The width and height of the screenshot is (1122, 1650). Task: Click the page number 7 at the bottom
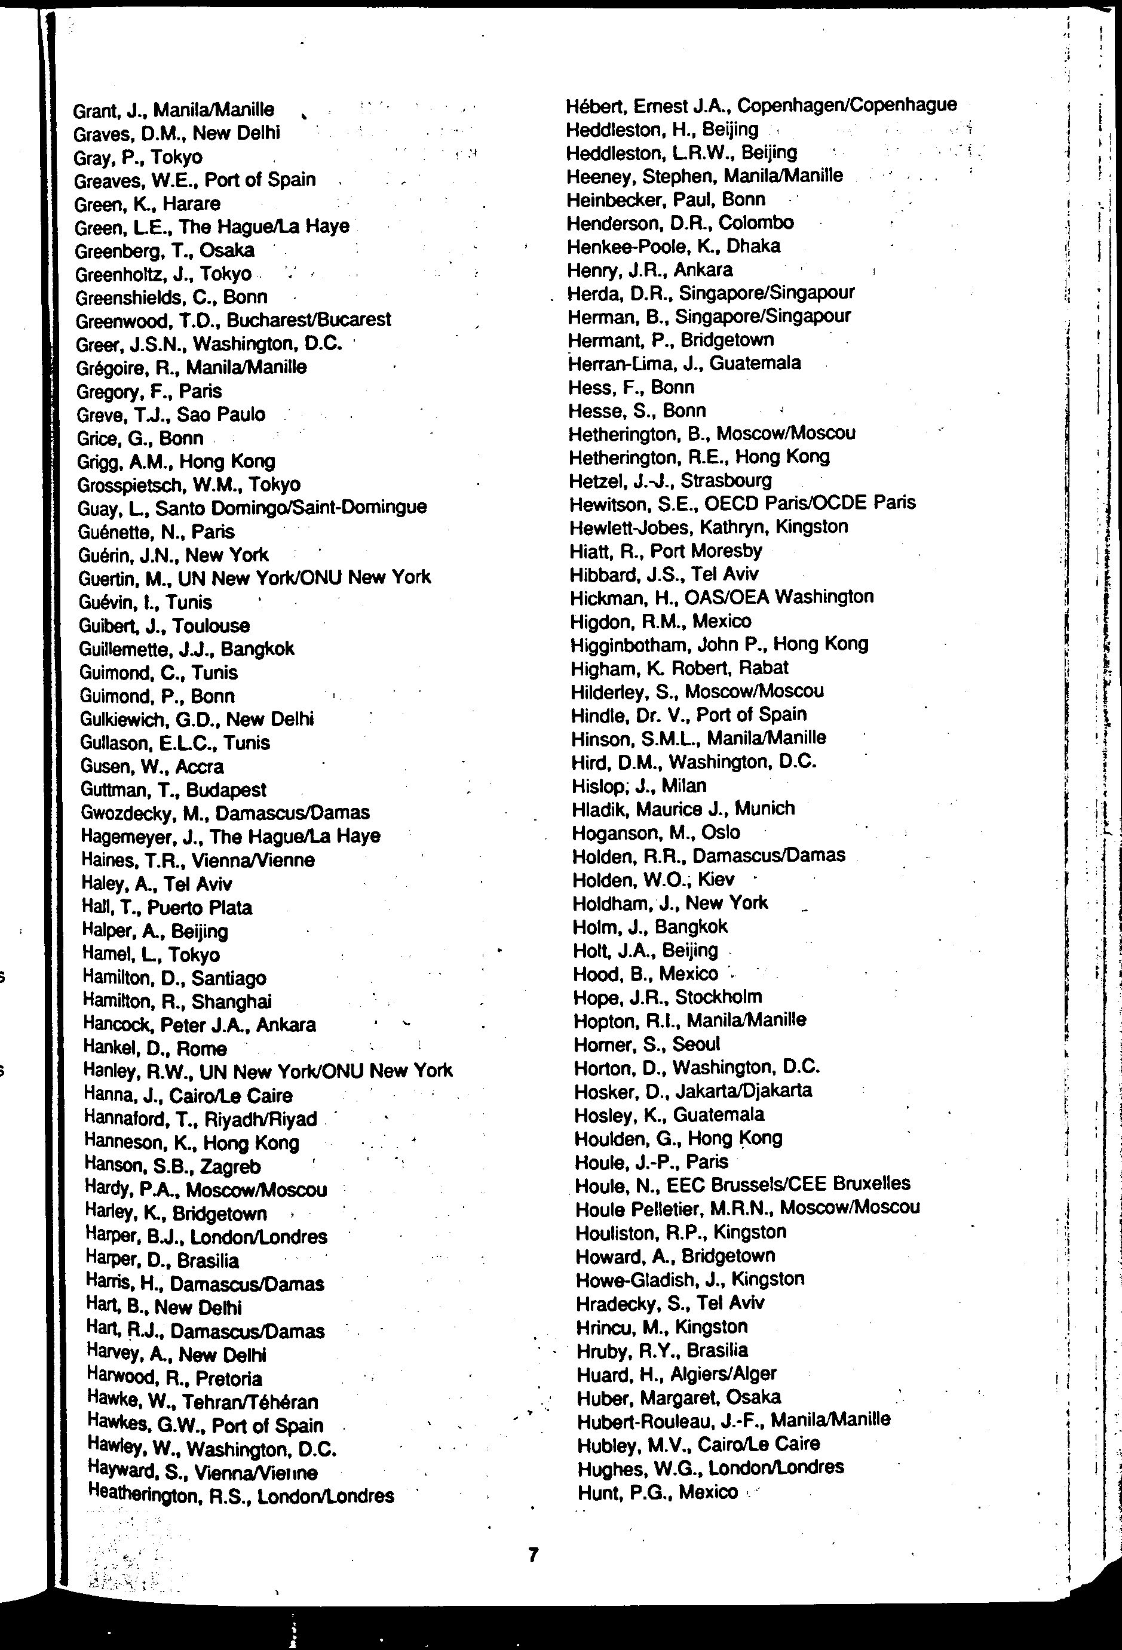[x=534, y=1555]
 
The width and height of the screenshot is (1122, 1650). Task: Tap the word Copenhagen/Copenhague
[x=847, y=106]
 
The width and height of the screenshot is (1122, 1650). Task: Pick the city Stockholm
[x=718, y=997]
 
